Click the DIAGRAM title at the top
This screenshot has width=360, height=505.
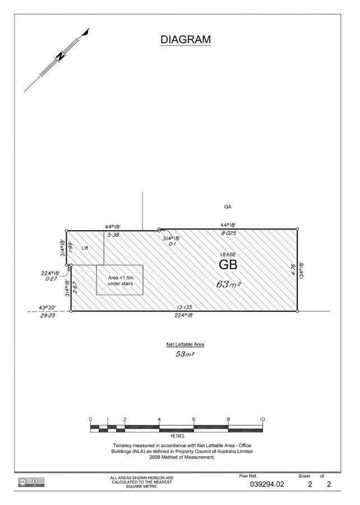tap(185, 40)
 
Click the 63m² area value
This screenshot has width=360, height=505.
tap(229, 284)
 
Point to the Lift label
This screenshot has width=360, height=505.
tap(85, 247)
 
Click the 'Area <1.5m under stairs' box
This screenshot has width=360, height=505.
tap(119, 280)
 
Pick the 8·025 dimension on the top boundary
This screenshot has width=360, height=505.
tap(229, 233)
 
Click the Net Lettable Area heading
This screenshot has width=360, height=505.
tap(185, 345)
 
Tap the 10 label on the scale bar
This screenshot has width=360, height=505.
tap(262, 419)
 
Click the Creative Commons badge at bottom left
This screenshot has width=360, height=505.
tap(31, 481)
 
